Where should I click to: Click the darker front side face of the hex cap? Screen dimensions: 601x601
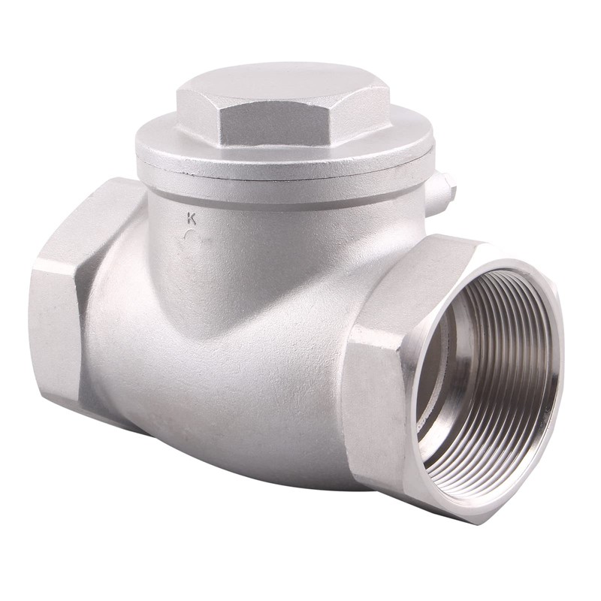click(x=300, y=139)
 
